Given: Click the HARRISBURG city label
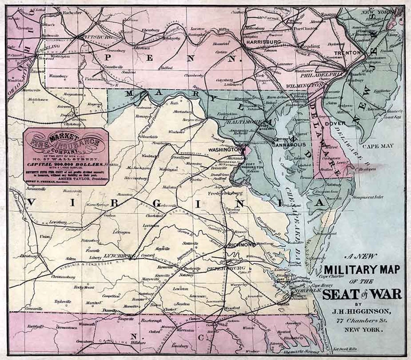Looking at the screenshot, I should (x=263, y=42).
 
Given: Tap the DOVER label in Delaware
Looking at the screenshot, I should (x=335, y=124).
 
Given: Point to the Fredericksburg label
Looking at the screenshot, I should (x=229, y=193).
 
